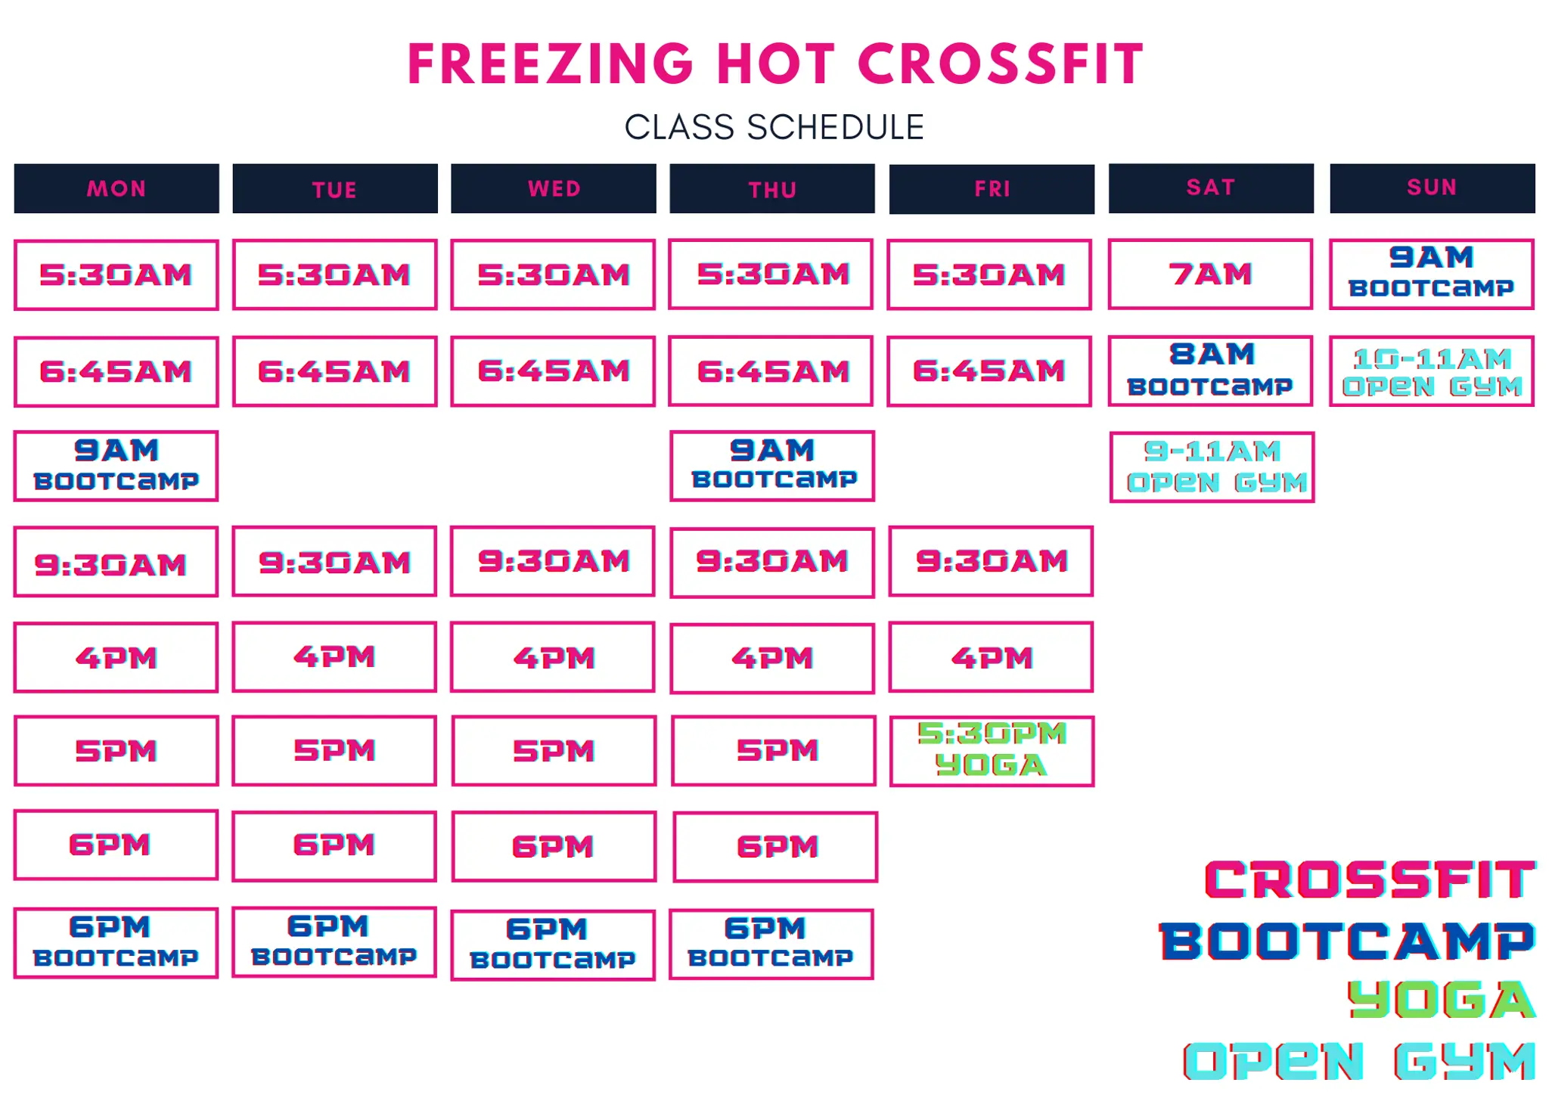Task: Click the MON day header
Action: tap(116, 188)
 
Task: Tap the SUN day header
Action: tap(1432, 188)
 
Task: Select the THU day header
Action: tap(772, 189)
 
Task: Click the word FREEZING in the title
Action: tap(551, 64)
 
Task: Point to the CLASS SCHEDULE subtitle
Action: tap(774, 127)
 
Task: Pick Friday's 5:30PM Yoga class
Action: tap(992, 750)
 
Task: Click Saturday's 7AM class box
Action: tap(1210, 274)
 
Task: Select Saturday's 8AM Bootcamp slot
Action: tap(1210, 371)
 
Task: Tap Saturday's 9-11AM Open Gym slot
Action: tap(1212, 467)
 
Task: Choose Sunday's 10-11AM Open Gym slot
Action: tap(1432, 371)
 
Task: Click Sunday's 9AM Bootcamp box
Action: tap(1432, 274)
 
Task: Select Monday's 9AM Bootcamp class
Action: tap(116, 466)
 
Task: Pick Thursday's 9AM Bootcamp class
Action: tap(772, 466)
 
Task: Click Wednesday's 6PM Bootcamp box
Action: tap(553, 945)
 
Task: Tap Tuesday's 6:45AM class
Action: tap(334, 371)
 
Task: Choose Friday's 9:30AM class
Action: tap(992, 561)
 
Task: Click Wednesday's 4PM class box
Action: tap(553, 657)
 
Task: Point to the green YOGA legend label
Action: tap(1442, 1000)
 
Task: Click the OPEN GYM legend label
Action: tap(1360, 1060)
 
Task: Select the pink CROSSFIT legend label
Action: tap(1370, 880)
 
